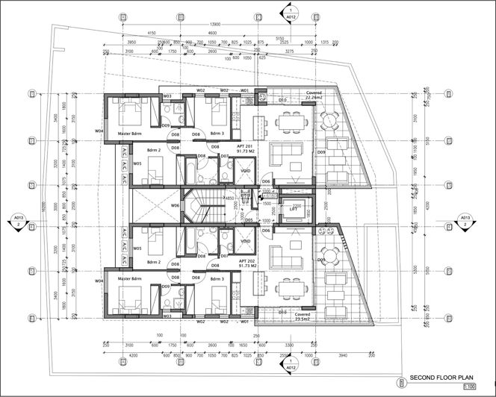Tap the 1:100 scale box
click(470, 387)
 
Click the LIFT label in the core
click(294, 210)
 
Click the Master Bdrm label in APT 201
click(131, 134)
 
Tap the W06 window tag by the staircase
click(175, 205)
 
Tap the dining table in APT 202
click(287, 287)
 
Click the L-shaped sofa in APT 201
click(285, 153)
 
